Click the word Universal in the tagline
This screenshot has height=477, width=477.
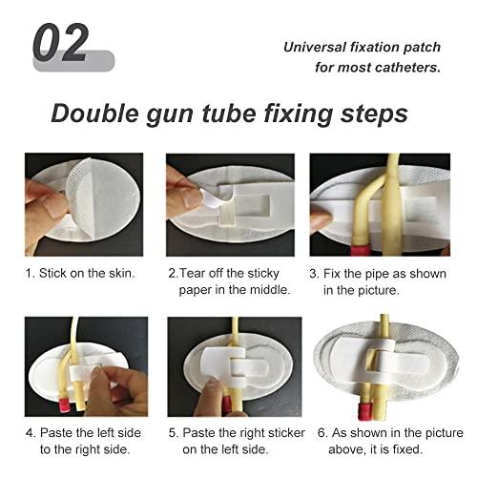(319, 47)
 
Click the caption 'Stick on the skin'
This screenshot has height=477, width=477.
(92, 272)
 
